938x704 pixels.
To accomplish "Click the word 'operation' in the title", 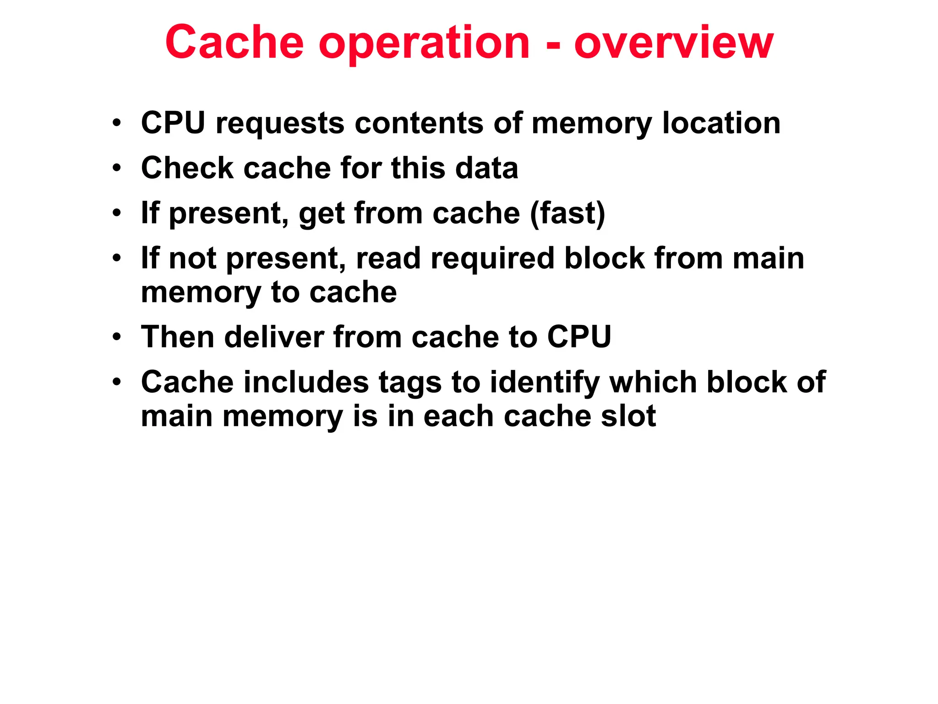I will click(x=424, y=44).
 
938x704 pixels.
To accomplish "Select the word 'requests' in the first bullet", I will click(x=280, y=124).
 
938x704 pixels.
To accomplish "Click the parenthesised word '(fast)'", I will click(x=567, y=214).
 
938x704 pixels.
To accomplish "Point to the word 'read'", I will click(x=388, y=258).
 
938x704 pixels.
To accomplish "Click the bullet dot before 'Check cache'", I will click(x=117, y=168).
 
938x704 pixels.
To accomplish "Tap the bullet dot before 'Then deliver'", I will click(x=117, y=337).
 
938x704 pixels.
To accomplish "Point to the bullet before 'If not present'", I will click(x=117, y=258).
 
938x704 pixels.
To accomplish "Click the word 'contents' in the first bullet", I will click(x=419, y=124).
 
